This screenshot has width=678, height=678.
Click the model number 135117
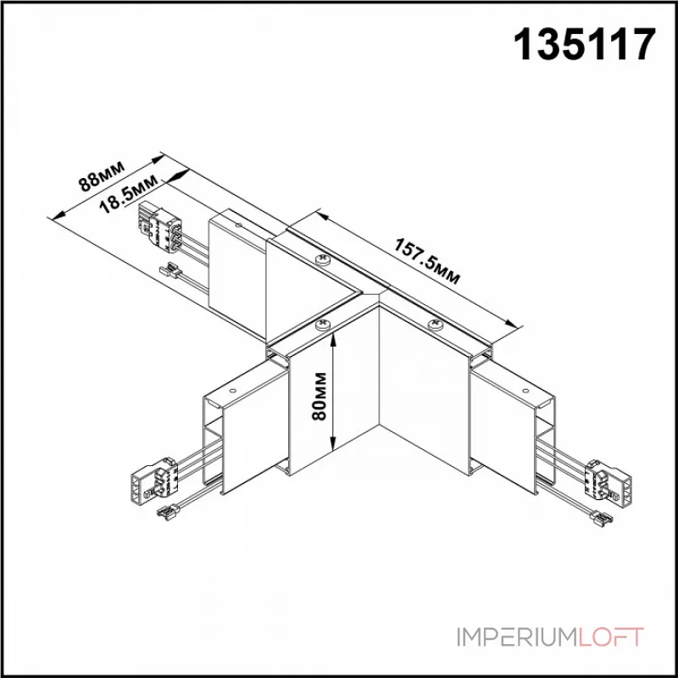(x=586, y=43)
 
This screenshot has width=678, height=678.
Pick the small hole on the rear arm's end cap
(x=240, y=226)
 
